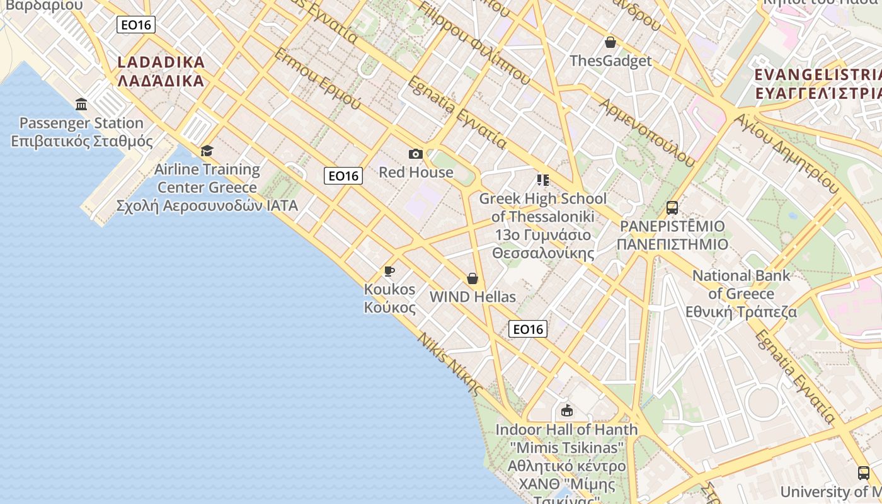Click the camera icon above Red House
[x=416, y=154]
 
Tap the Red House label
[x=416, y=172]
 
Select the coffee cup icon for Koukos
[x=389, y=272]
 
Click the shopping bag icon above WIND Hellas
[x=472, y=278]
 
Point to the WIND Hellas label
[x=472, y=297]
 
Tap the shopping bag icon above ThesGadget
[x=610, y=43]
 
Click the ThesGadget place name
[x=610, y=61]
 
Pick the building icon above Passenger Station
[x=81, y=104]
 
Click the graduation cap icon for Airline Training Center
[x=207, y=151]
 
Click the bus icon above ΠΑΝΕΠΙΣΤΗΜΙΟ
[x=672, y=207]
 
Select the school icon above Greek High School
[x=543, y=180]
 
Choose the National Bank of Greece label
[x=741, y=294]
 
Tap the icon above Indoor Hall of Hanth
[x=566, y=411]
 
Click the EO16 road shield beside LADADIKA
[x=136, y=25]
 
